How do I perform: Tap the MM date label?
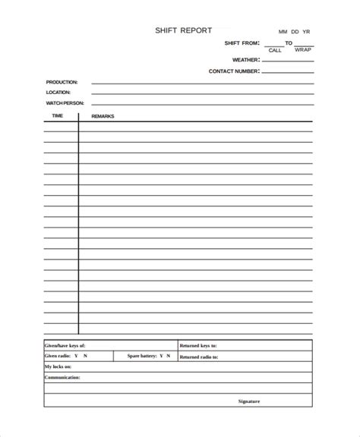click(x=283, y=32)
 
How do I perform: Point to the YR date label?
click(x=306, y=32)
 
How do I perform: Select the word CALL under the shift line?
click(x=275, y=51)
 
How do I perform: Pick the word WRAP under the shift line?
click(x=303, y=51)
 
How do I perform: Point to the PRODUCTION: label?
click(x=62, y=82)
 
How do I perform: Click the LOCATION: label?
click(x=58, y=93)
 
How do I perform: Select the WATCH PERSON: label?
click(x=65, y=103)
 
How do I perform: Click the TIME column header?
click(x=58, y=116)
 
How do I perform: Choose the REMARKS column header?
click(x=103, y=116)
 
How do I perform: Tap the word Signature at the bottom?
click(x=249, y=401)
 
